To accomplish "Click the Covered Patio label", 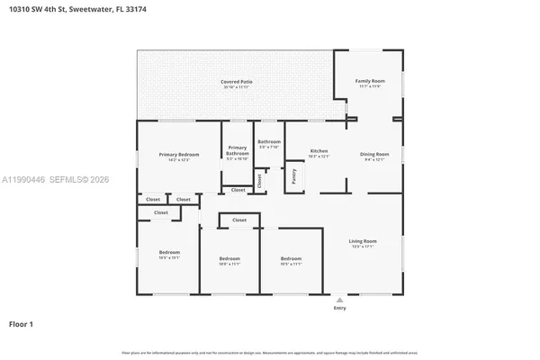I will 237,82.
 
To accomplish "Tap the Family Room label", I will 369,81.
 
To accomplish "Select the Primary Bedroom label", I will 179,155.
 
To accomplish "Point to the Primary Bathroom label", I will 238,150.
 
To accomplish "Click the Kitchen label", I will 319,150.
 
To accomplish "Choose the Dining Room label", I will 374,154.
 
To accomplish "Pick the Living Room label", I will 363,240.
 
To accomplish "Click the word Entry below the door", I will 339,309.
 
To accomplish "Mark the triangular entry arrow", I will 339,300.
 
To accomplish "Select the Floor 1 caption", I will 22,322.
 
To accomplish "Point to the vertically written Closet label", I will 259,180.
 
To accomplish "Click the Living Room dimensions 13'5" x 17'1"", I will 363,247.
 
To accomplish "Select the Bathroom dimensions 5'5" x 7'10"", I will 269,147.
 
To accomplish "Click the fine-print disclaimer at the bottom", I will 270,353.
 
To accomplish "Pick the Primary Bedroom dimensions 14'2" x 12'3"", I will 179,160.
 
